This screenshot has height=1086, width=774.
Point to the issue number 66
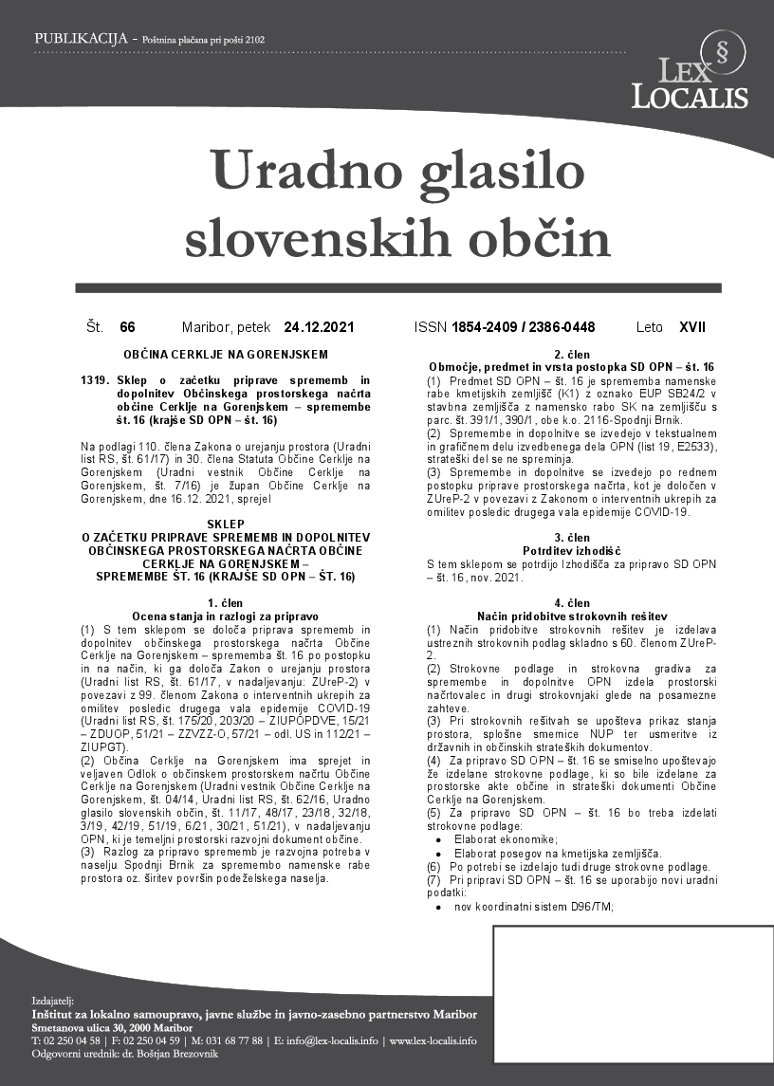[128, 327]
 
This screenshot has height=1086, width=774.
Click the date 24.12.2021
[319, 327]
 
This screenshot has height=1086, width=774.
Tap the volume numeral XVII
[693, 327]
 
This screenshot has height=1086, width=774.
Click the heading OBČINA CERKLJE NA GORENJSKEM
[225, 354]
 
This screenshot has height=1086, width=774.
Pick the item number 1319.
[96, 379]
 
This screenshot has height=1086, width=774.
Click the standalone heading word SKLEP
[225, 523]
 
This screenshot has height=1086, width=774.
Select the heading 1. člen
[225, 603]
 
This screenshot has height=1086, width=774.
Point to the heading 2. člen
[571, 354]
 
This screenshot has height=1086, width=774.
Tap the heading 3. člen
[571, 538]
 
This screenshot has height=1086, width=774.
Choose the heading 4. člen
[571, 603]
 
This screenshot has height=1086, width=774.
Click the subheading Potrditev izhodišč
[571, 550]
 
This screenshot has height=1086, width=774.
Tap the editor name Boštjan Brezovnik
[164, 1054]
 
